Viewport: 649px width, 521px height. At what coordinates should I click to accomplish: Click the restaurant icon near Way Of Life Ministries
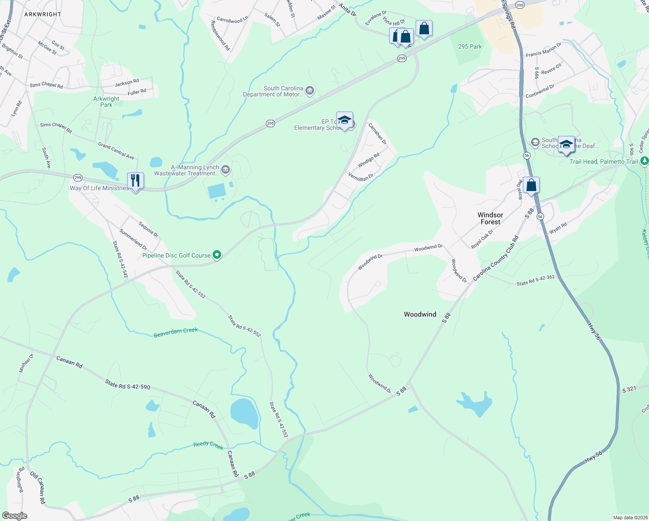[135, 181]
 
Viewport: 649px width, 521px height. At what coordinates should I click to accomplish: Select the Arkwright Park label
[106, 102]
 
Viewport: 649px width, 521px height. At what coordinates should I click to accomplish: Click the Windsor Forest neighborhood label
[490, 218]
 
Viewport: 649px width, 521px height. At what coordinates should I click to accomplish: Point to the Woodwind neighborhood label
[420, 314]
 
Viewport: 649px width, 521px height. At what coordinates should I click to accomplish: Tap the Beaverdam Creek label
[176, 333]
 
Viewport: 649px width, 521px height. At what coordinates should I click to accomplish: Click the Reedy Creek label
[208, 445]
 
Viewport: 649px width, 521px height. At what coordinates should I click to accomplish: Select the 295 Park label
[470, 46]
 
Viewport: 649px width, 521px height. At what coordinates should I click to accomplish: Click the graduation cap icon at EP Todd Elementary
[344, 120]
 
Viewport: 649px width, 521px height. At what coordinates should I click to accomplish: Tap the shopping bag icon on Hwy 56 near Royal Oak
[531, 185]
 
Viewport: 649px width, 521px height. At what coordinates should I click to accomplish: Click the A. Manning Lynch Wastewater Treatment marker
[226, 170]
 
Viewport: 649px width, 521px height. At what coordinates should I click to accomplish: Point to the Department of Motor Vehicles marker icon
[310, 91]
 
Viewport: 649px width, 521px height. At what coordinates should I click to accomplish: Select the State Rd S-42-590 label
[128, 384]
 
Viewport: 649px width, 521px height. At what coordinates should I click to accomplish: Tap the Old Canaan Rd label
[38, 488]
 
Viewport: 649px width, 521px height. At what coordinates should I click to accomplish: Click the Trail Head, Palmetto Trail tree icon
[644, 161]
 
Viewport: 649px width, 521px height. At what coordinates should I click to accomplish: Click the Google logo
[14, 515]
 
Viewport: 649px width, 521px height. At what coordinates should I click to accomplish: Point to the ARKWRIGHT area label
[43, 14]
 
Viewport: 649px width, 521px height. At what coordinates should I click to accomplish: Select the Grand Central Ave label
[116, 151]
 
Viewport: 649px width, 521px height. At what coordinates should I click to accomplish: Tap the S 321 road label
[629, 389]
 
